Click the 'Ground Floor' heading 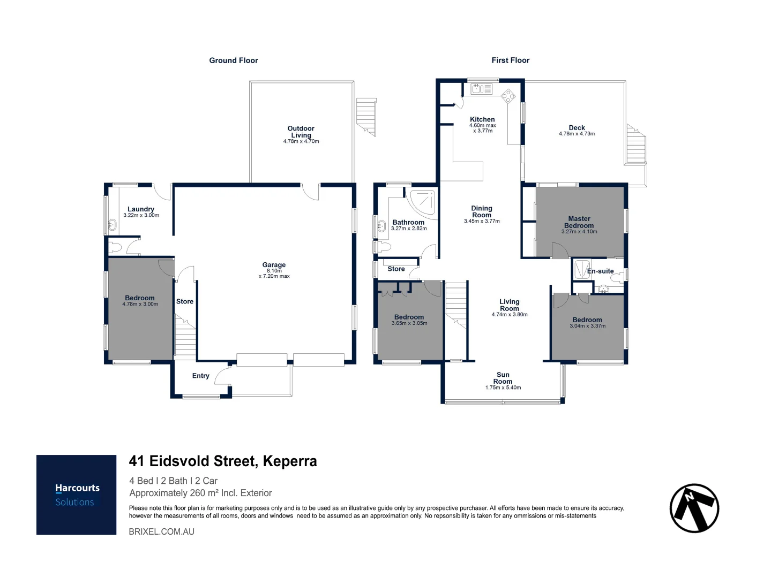[x=233, y=60]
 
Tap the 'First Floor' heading [x=510, y=60]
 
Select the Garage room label [x=274, y=265]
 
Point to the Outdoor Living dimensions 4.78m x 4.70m [x=301, y=142]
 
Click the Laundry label [x=141, y=209]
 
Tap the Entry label [x=200, y=376]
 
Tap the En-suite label [x=600, y=271]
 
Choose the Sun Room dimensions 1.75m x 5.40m [x=503, y=387]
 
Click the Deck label [x=577, y=127]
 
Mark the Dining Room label [x=481, y=211]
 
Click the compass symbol [x=694, y=508]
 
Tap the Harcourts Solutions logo [x=77, y=495]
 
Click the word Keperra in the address [x=290, y=461]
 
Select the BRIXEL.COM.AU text [x=161, y=531]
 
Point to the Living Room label [x=509, y=305]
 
